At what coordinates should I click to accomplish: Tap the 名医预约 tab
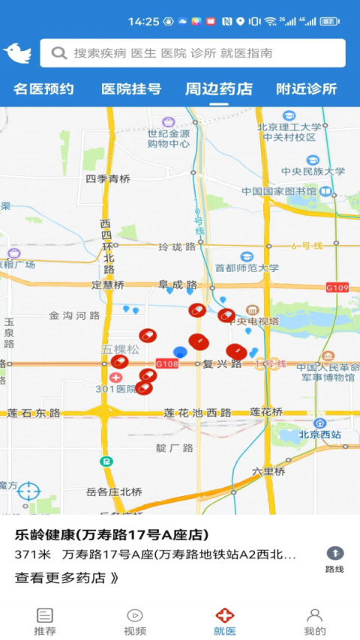click(43, 89)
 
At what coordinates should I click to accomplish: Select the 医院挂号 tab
click(131, 89)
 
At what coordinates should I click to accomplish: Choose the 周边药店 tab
click(219, 89)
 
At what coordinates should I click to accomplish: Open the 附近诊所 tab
click(306, 89)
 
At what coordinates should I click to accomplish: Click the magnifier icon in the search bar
click(59, 53)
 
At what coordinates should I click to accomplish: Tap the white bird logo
click(17, 53)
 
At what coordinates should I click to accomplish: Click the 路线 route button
click(334, 559)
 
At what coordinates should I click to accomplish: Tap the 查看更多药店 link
click(67, 578)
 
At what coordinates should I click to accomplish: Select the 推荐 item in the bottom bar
click(45, 621)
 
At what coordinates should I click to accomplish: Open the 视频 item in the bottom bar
click(135, 621)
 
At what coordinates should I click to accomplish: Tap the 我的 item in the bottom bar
click(315, 621)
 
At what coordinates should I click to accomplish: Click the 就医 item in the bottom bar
click(225, 621)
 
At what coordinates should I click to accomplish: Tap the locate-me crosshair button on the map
click(28, 492)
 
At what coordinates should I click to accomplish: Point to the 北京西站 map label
click(320, 435)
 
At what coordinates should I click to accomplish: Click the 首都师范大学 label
click(247, 268)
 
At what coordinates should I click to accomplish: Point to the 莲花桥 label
click(266, 411)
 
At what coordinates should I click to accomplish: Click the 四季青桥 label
click(108, 178)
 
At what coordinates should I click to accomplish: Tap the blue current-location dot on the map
click(180, 352)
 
